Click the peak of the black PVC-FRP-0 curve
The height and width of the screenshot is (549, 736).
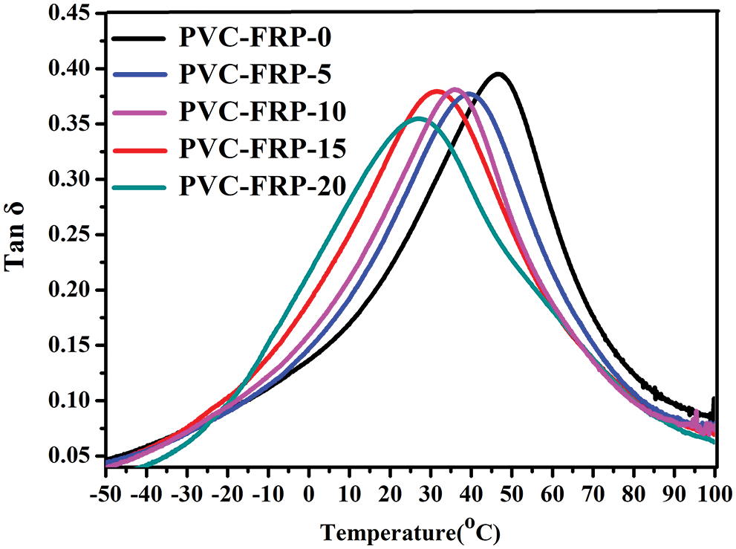tap(498, 74)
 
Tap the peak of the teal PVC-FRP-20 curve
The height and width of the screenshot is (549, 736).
tap(419, 118)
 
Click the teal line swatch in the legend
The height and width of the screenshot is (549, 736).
tap(142, 186)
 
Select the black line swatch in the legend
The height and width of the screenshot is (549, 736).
tap(142, 37)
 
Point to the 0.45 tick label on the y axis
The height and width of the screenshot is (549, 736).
tap(68, 13)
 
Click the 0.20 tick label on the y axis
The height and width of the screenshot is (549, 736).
tap(68, 290)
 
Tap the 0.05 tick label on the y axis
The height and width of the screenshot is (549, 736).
tap(68, 456)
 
